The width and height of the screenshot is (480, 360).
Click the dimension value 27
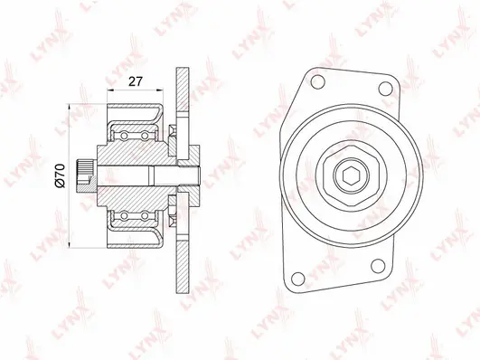[136, 81]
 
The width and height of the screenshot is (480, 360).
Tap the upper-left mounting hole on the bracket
[317, 84]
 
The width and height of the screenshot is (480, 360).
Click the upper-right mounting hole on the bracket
[385, 89]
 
